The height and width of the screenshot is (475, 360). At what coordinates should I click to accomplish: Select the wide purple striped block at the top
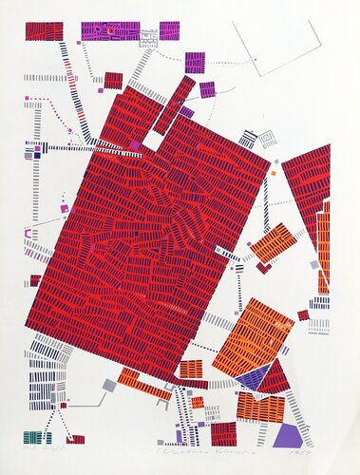[107, 30]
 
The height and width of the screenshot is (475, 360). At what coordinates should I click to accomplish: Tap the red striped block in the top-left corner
[44, 30]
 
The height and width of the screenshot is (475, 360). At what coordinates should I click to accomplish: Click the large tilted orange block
[252, 337]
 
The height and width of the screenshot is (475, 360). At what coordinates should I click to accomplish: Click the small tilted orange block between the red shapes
[274, 243]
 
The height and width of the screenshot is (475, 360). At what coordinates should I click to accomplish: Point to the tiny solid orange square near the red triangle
[273, 174]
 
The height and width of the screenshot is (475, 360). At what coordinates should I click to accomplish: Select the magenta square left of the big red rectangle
[65, 208]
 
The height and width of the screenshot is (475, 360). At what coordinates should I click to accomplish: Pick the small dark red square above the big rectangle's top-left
[113, 80]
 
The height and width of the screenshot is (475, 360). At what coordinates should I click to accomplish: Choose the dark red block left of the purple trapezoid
[223, 434]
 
